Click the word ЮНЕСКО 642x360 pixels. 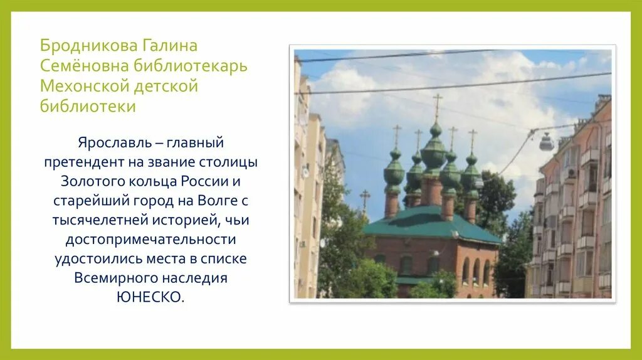click(150, 297)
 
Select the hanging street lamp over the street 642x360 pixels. click(547, 143)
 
